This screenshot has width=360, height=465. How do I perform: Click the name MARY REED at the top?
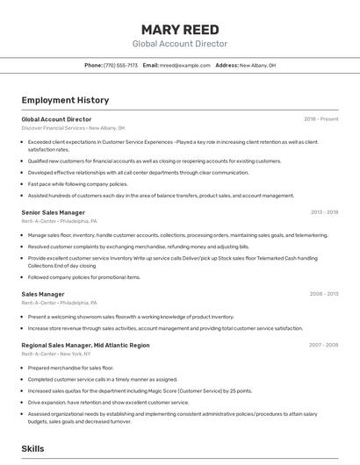(x=179, y=28)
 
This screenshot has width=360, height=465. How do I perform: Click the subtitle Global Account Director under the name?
(x=179, y=44)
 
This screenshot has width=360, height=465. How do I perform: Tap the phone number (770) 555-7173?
(x=120, y=66)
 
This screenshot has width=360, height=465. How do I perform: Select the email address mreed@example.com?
(x=185, y=66)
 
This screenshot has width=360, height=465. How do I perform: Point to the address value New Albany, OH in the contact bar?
(x=257, y=66)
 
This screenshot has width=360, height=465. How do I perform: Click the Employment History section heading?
(x=65, y=101)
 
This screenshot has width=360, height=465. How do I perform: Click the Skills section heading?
(x=33, y=448)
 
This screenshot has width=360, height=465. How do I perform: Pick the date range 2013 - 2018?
(x=324, y=212)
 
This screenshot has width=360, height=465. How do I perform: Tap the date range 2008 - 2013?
(x=324, y=294)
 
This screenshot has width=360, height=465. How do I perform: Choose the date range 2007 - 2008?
(x=324, y=346)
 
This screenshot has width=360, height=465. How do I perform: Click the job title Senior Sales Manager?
(x=53, y=212)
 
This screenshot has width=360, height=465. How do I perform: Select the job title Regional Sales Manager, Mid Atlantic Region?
(x=85, y=346)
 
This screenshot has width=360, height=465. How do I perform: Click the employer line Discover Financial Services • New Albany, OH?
(x=73, y=128)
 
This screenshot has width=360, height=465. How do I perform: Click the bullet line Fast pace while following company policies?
(x=77, y=184)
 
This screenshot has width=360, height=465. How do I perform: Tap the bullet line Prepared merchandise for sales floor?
(x=70, y=368)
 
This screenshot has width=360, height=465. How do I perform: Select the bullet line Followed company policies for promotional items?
(x=83, y=277)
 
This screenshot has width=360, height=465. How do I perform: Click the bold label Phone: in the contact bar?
(x=93, y=66)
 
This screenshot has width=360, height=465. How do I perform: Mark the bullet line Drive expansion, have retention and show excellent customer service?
(x=108, y=403)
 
